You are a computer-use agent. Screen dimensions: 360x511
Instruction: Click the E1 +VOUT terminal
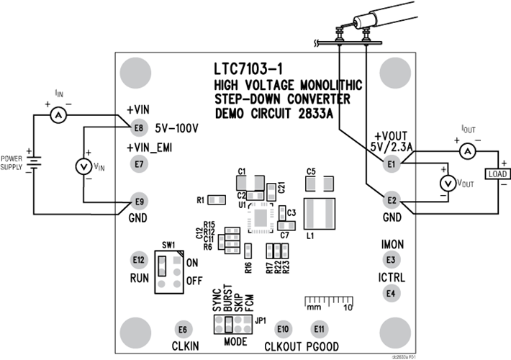[392, 165]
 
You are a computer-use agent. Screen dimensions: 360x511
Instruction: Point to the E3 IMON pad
[391, 260]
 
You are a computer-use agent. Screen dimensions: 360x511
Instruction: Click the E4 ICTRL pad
[391, 293]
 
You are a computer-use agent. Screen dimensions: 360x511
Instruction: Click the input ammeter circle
[61, 115]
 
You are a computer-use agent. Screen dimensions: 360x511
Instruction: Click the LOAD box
[497, 174]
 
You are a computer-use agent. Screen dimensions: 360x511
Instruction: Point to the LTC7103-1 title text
[258, 71]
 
